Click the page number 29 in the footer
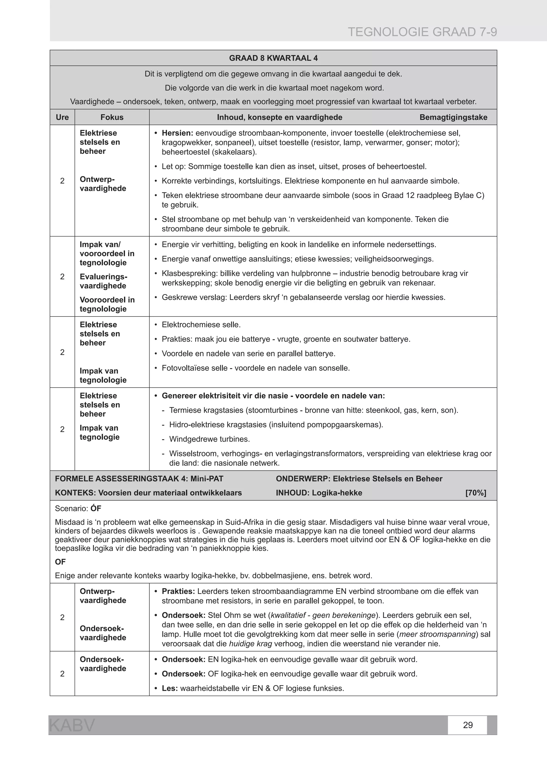(468, 725)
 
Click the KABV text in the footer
(72, 725)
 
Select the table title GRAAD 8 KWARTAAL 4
(273, 58)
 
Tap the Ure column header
(62, 117)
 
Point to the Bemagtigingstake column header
(453, 117)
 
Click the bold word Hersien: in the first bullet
(177, 133)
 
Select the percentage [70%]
(476, 493)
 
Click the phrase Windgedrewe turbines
(209, 439)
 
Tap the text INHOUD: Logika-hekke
(319, 493)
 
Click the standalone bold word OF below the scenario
(60, 562)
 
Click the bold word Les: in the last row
(170, 688)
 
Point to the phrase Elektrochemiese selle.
(201, 325)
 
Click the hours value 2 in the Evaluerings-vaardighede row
(62, 277)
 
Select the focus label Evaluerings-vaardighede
(103, 281)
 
